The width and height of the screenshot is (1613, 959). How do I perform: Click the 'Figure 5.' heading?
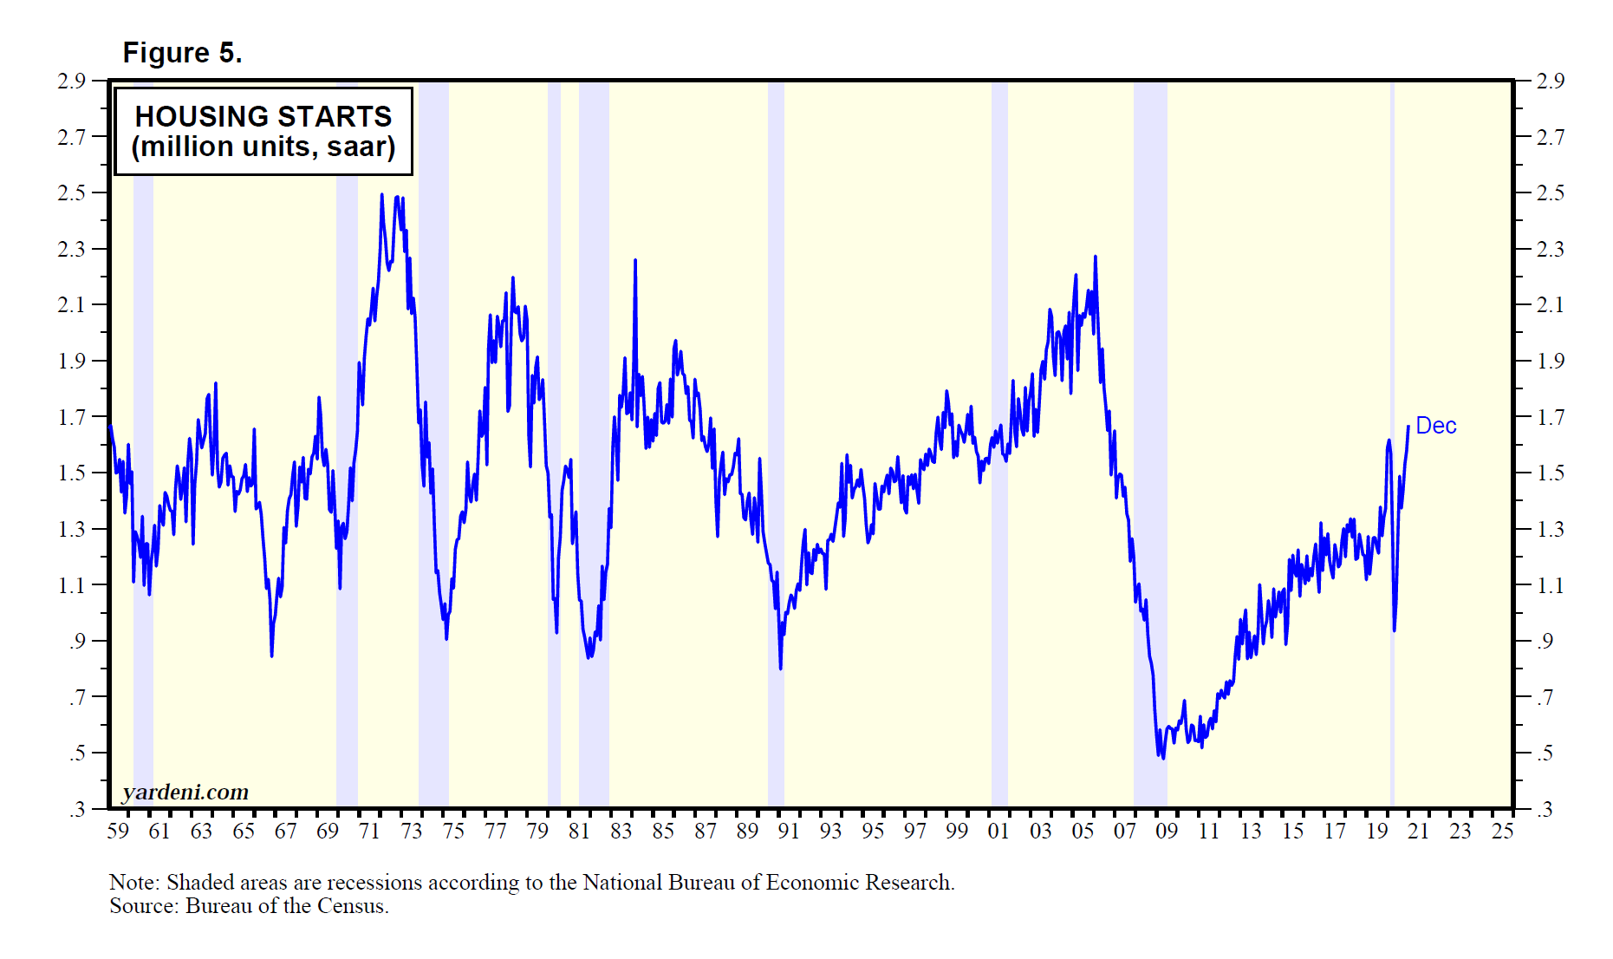tap(182, 53)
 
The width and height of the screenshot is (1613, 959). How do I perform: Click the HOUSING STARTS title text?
tap(263, 116)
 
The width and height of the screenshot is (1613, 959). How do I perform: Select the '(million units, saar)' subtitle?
tap(263, 147)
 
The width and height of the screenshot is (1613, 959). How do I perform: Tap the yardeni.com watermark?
tap(185, 792)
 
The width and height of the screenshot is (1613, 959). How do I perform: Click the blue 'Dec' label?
tap(1435, 426)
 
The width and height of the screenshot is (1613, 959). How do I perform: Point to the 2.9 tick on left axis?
tap(72, 81)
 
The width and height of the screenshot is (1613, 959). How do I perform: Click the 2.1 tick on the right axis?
tap(1550, 304)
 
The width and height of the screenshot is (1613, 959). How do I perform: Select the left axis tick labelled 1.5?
tap(72, 473)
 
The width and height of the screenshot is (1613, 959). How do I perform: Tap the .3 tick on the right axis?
tap(1545, 809)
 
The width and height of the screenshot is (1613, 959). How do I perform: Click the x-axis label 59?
tap(118, 831)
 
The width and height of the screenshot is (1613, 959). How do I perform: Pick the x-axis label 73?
tap(412, 831)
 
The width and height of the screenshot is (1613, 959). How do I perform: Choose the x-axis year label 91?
tap(789, 831)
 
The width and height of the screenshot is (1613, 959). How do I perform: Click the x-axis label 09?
tap(1167, 831)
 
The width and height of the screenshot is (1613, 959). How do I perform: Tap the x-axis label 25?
tap(1502, 831)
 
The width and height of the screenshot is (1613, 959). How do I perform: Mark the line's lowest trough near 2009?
tap(1162, 758)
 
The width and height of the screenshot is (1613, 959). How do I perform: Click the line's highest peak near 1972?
tap(382, 195)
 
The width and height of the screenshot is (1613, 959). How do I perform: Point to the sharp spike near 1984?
tap(635, 260)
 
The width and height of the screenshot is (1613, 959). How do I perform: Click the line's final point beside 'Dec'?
tap(1408, 427)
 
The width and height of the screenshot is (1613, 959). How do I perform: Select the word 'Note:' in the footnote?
tap(134, 882)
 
